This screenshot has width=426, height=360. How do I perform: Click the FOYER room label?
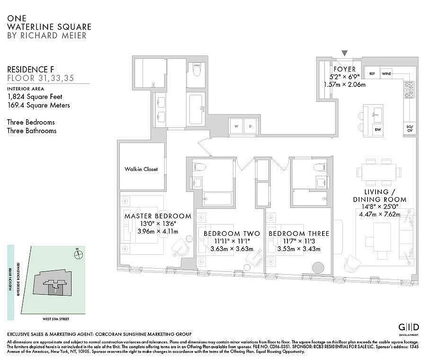344,69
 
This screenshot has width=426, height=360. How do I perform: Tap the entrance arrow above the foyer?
345,54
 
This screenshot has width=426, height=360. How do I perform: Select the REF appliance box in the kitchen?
372,73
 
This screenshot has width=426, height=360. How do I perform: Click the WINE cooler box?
386,73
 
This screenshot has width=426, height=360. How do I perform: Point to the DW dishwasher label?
378,129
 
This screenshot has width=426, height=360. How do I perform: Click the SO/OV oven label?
410,129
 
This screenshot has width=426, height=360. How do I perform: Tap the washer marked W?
236,126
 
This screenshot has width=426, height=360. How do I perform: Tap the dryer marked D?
250,126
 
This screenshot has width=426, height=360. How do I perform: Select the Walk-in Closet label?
141,169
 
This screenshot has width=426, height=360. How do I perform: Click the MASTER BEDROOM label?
157,216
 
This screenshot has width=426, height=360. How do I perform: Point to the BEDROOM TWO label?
232,234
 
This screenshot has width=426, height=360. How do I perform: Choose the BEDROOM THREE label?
299,234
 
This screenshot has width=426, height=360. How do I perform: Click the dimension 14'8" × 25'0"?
379,207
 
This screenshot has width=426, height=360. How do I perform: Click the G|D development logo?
409,327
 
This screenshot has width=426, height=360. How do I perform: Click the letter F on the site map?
55,291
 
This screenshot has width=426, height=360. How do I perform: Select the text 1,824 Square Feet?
35,96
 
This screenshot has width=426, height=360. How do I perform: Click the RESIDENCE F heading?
27,69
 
